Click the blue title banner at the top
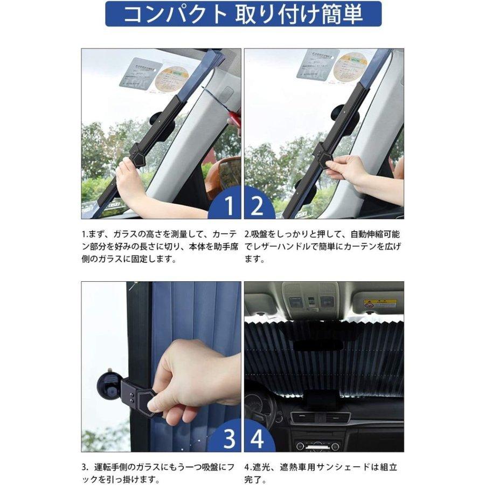(x=242, y=15)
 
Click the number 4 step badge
(x=258, y=439)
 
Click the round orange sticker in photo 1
(x=171, y=79)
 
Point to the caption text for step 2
(x=323, y=246)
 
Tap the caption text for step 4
(x=323, y=473)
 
